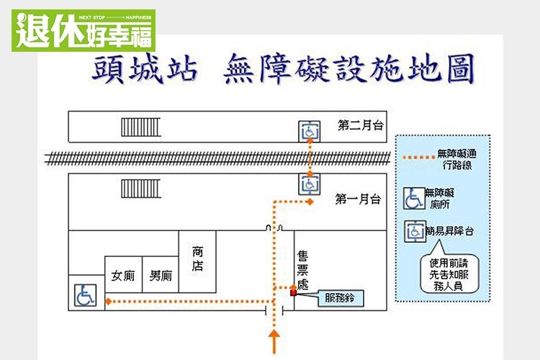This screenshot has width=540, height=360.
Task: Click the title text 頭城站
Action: [144, 71]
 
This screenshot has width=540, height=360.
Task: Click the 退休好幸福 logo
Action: [83, 30]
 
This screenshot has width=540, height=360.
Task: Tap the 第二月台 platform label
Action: [360, 125]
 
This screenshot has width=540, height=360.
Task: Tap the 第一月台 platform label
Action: [358, 199]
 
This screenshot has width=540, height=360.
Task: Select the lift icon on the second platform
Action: [309, 131]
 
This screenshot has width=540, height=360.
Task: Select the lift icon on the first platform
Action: [309, 184]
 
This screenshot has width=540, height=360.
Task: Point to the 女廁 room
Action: [123, 275]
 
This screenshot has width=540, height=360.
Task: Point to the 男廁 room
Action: [160, 275]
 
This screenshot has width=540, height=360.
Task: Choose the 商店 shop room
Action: [197, 259]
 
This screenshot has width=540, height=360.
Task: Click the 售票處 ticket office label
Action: [302, 270]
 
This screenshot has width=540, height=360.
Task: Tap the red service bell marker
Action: [293, 292]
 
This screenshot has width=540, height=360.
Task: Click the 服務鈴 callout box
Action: [340, 297]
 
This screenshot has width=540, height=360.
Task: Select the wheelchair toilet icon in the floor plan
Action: [84, 294]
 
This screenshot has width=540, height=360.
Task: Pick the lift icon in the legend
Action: [414, 230]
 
